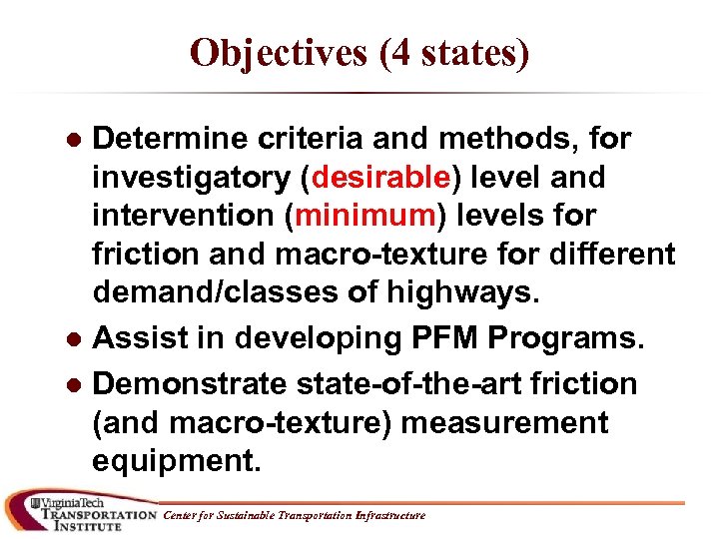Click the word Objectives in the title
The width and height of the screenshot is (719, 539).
276,54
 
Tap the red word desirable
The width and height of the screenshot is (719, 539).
381,178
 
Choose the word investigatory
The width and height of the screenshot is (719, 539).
192,178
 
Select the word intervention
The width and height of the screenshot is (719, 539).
189,216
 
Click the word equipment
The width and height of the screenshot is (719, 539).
176,461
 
